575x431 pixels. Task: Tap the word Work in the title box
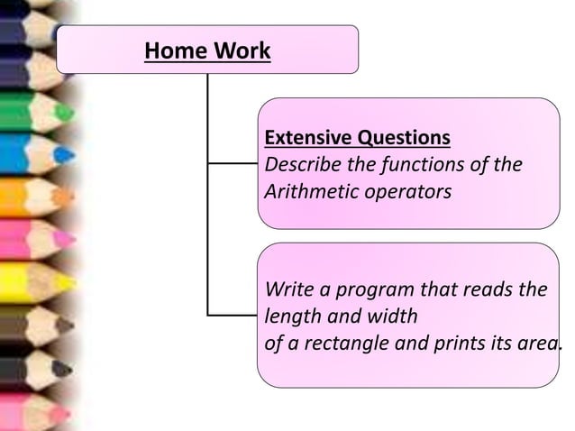(x=241, y=50)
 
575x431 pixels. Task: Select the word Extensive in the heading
(x=308, y=138)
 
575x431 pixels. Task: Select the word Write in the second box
(x=285, y=290)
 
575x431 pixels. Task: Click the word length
(x=291, y=317)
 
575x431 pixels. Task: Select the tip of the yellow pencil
(x=68, y=282)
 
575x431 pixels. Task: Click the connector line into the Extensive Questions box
(x=233, y=164)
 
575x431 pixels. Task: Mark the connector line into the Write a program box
(x=233, y=316)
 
